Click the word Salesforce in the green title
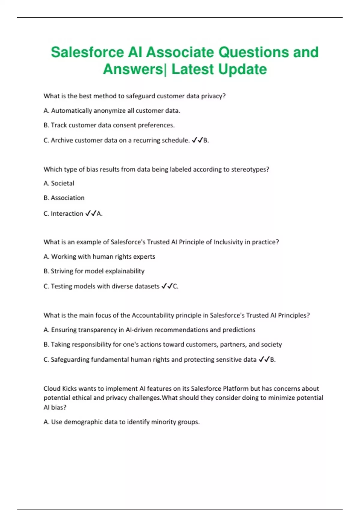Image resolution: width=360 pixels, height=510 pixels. tap(87, 52)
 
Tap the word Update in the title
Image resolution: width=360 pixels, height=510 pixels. tap(242, 69)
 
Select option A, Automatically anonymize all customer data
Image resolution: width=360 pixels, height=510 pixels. tap(112, 111)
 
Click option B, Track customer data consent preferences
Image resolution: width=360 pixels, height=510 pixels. tap(109, 125)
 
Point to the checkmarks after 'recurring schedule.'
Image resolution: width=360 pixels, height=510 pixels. tap(197, 140)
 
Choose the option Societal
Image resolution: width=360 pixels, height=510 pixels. tap(59, 183)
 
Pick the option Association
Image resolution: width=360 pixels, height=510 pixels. tap(64, 198)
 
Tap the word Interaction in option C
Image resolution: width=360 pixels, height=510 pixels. tap(67, 214)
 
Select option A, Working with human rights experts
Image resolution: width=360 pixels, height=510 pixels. tap(99, 256)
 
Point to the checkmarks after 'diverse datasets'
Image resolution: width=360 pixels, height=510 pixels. tap(167, 286)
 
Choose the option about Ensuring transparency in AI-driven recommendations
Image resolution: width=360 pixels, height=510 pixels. tap(149, 330)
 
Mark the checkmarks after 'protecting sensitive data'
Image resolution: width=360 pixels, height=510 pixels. tap(264, 359)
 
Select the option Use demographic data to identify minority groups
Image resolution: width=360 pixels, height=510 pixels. tap(121, 422)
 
